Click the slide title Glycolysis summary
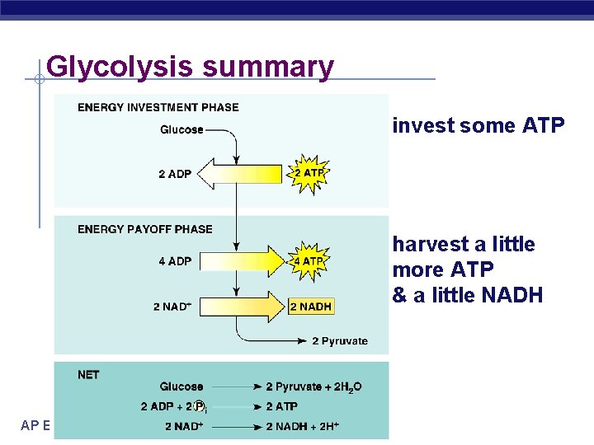click(x=191, y=66)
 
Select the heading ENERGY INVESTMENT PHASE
click(x=158, y=107)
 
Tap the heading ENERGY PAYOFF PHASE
click(x=145, y=229)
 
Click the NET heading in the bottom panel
click(x=88, y=375)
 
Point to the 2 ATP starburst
click(x=309, y=173)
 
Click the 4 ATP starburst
click(x=309, y=261)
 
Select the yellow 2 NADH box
click(x=311, y=307)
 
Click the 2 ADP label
click(x=175, y=174)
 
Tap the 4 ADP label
click(x=175, y=261)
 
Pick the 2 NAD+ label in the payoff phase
click(x=172, y=307)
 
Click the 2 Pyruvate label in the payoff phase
click(x=340, y=341)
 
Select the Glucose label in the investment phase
click(x=181, y=129)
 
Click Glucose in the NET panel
click(x=181, y=386)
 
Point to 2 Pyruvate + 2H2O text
click(x=313, y=386)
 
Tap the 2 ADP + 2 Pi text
click(x=174, y=406)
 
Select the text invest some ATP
click(x=478, y=125)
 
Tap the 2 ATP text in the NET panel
click(x=281, y=406)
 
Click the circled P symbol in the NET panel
click(x=200, y=406)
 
